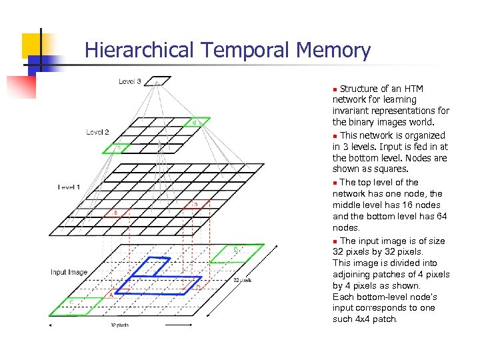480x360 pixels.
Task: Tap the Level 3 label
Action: [129, 81]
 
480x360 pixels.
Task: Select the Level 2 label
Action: [97, 132]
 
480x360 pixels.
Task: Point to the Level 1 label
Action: [69, 187]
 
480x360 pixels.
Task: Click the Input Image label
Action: [69, 272]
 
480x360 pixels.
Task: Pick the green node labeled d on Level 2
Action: [198, 123]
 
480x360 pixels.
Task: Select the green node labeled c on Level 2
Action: [114, 148]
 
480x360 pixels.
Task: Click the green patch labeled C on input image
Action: [76, 305]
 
